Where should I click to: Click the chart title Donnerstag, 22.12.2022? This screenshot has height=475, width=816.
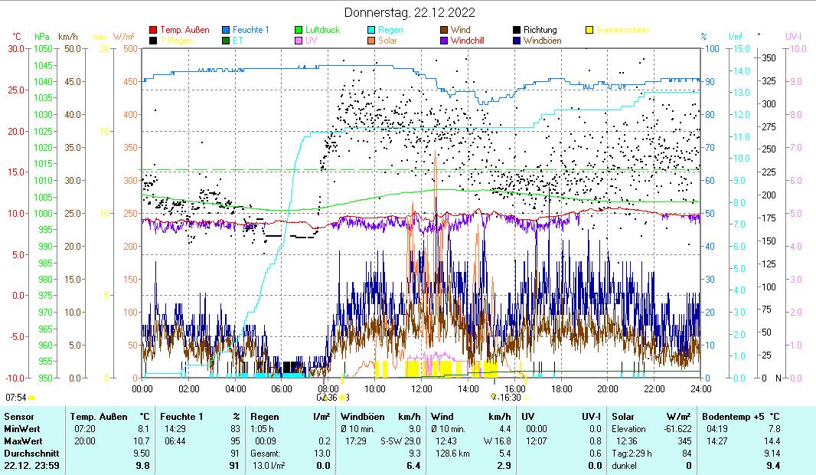pyautogui.click(x=409, y=12)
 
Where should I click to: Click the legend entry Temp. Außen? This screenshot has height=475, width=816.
pyautogui.click(x=184, y=30)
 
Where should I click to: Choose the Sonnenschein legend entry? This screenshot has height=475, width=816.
pyautogui.click(x=622, y=30)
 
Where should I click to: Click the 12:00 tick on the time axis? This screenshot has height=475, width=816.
pyautogui.click(x=422, y=388)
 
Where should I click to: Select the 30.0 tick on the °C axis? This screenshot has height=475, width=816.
pyautogui.click(x=16, y=48)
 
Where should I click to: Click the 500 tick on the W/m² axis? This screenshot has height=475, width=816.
pyautogui.click(x=130, y=48)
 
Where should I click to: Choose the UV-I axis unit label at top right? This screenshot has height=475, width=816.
pyautogui.click(x=793, y=36)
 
